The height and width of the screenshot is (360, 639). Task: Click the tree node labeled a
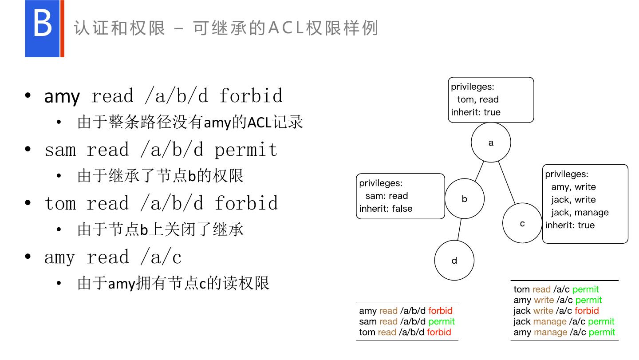pyautogui.click(x=491, y=142)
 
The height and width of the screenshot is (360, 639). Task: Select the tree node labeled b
pyautogui.click(x=465, y=199)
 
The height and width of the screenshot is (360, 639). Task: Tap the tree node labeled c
pyautogui.click(x=522, y=223)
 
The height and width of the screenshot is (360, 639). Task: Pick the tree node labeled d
pyautogui.click(x=454, y=261)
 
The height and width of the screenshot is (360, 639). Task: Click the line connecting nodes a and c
pyautogui.click(x=507, y=182)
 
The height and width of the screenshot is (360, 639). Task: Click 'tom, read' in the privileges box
pyautogui.click(x=478, y=99)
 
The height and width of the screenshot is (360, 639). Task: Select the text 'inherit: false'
pyautogui.click(x=386, y=209)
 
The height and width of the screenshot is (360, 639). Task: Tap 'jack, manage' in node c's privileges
pyautogui.click(x=580, y=212)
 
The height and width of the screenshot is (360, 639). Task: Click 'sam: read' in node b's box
pyautogui.click(x=387, y=196)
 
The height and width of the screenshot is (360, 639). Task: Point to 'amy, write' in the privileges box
pyautogui.click(x=573, y=187)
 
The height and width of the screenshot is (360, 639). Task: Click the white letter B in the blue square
pyautogui.click(x=43, y=25)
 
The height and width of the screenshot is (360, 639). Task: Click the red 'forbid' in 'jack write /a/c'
pyautogui.click(x=587, y=311)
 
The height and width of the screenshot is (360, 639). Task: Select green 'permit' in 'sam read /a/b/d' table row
pyautogui.click(x=442, y=321)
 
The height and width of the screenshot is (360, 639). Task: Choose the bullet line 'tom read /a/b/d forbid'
pyautogui.click(x=162, y=203)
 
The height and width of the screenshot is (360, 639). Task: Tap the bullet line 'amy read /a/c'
pyautogui.click(x=113, y=257)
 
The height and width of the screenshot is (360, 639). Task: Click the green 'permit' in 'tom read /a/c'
pyautogui.click(x=585, y=289)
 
